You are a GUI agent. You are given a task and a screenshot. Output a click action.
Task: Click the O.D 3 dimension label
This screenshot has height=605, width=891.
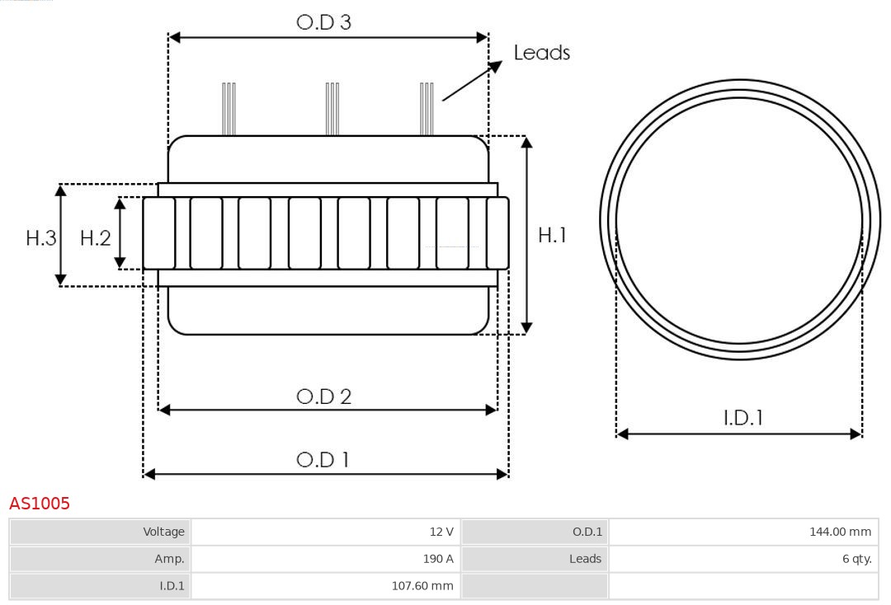[324, 22]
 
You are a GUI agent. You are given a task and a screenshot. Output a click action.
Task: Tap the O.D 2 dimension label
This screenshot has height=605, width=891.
[324, 396]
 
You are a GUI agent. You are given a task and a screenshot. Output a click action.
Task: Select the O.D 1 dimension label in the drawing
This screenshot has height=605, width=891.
[323, 459]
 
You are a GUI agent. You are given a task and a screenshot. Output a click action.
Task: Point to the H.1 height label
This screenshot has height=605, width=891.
[552, 235]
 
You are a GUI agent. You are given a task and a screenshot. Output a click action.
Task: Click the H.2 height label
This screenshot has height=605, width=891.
[96, 238]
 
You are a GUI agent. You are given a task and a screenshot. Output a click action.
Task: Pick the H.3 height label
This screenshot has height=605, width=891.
[41, 238]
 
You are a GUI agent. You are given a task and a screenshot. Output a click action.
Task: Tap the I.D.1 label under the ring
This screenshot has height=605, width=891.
[743, 418]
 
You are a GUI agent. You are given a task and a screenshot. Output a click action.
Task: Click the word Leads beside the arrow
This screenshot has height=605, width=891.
[541, 52]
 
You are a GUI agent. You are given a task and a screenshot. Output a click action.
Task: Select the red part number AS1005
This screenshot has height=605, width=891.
[40, 503]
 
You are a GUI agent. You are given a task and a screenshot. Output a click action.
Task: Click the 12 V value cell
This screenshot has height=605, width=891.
[326, 532]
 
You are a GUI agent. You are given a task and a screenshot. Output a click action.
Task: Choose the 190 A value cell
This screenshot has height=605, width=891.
[326, 559]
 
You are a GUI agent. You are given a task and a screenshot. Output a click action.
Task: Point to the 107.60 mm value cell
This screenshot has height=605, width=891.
[326, 586]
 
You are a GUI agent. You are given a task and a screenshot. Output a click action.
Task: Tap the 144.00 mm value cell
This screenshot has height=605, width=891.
[743, 532]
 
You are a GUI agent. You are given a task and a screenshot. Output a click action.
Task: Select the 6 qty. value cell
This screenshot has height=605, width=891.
[743, 559]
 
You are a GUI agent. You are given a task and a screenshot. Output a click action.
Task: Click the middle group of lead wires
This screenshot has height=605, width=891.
[332, 109]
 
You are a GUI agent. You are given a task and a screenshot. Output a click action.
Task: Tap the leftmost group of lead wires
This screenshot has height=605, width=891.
[229, 109]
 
